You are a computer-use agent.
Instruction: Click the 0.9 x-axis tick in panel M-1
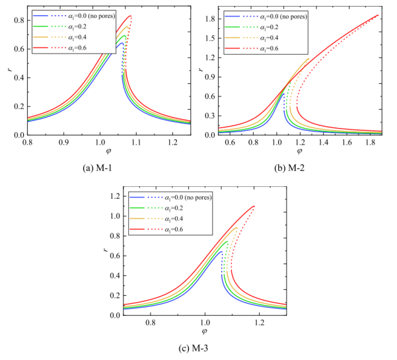[63, 142]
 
